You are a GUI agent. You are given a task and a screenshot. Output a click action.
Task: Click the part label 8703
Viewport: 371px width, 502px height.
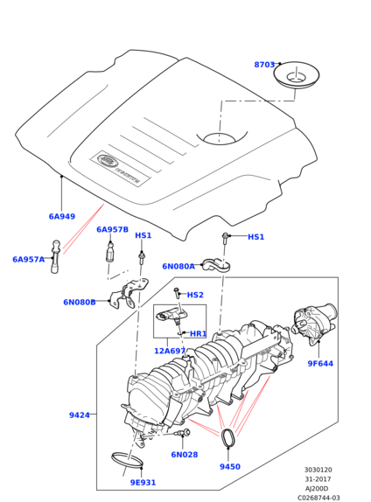(264, 65)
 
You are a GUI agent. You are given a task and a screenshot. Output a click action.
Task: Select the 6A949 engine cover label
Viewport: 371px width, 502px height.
(62, 216)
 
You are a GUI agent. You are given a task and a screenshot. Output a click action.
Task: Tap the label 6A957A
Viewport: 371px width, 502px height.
(29, 260)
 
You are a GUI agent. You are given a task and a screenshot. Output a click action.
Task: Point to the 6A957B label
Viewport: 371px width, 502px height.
(113, 229)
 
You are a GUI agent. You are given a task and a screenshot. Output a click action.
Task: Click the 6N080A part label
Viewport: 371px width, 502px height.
(178, 267)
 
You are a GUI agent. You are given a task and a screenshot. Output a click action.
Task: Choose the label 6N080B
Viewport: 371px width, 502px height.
(80, 303)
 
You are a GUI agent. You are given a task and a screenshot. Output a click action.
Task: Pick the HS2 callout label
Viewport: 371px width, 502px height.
(195, 295)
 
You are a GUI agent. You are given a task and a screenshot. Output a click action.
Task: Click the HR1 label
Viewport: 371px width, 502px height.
(199, 334)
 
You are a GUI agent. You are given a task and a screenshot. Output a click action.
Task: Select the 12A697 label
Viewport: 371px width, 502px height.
(170, 352)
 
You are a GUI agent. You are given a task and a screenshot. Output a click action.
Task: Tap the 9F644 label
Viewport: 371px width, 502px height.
(320, 364)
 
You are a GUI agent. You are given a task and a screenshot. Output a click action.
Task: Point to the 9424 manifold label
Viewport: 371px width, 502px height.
(80, 415)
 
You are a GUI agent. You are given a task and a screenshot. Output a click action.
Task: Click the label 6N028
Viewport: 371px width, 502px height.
(185, 455)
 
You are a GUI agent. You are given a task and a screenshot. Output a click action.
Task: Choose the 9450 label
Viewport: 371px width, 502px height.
(230, 467)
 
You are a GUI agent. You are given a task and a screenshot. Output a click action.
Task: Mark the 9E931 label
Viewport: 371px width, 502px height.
(143, 483)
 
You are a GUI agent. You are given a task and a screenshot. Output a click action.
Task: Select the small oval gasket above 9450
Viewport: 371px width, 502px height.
(227, 437)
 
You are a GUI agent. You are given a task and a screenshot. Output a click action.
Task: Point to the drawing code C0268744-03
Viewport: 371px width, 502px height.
(318, 498)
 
